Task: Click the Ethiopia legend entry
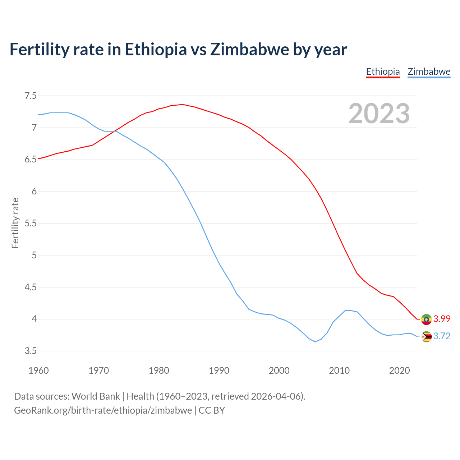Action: coord(383,72)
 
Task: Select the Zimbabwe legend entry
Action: coord(429,72)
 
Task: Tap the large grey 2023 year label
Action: coord(379,114)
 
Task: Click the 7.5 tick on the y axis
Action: coord(31,96)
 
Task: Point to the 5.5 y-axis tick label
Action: coord(31,223)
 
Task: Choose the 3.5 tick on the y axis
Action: coord(31,351)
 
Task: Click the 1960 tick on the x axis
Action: coord(38,371)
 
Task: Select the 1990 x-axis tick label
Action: coord(219,371)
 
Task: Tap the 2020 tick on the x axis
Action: coord(399,371)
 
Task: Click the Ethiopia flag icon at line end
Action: coord(426,319)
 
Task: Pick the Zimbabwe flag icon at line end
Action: coord(426,337)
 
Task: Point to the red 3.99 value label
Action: coord(442,319)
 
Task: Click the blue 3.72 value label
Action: coord(442,336)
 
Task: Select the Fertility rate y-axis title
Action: coord(15,223)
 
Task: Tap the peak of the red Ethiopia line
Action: coord(183,104)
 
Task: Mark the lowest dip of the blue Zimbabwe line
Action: coord(315,342)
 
